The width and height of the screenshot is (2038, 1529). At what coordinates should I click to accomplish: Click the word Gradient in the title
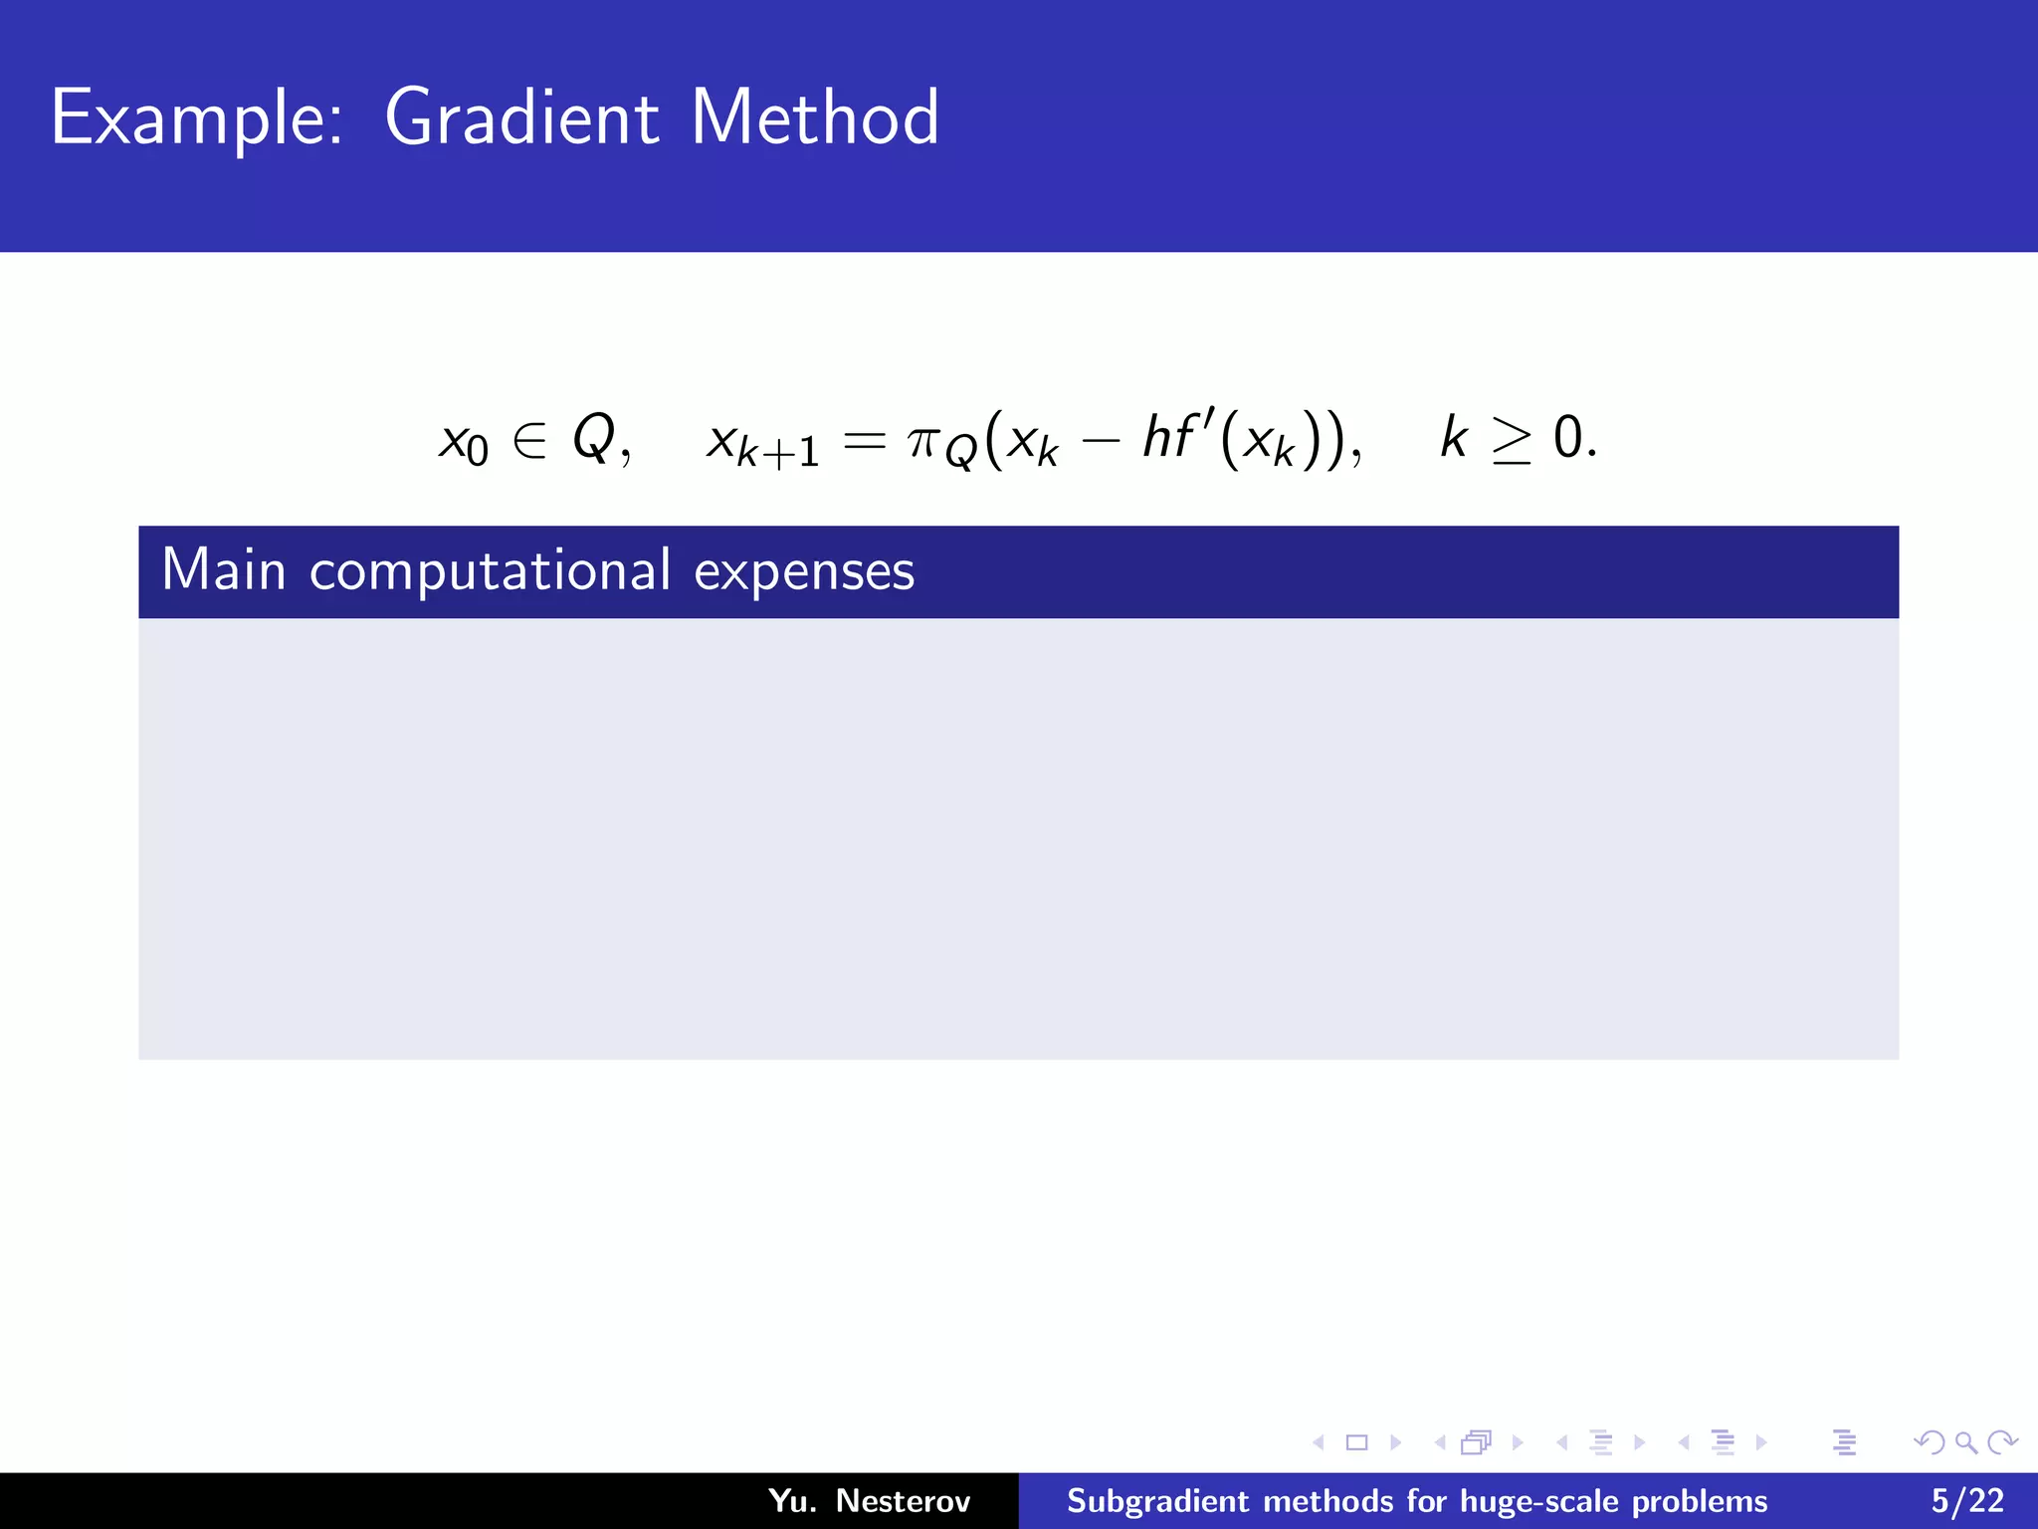521,118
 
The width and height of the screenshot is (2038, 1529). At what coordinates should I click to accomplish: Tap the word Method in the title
814,118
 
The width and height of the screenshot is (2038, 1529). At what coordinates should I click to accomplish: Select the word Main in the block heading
224,570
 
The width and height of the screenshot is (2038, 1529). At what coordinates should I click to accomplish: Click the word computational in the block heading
490,572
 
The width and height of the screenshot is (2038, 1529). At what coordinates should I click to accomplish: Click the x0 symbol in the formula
463,441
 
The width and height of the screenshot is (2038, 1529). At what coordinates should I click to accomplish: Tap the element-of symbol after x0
529,439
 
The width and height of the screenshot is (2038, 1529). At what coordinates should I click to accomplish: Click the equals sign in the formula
863,440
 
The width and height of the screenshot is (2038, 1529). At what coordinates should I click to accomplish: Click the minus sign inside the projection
1101,440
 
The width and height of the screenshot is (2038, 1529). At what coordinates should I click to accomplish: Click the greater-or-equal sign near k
1512,440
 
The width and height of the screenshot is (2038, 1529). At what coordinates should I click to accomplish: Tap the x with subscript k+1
761,444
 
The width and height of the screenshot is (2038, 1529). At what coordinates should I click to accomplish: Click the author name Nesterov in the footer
903,1500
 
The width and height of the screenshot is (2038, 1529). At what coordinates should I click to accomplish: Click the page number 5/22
1967,1500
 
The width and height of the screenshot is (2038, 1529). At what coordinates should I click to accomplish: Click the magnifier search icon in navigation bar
1965,1442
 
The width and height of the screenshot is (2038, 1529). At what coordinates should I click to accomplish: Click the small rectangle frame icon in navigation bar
1356,1442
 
